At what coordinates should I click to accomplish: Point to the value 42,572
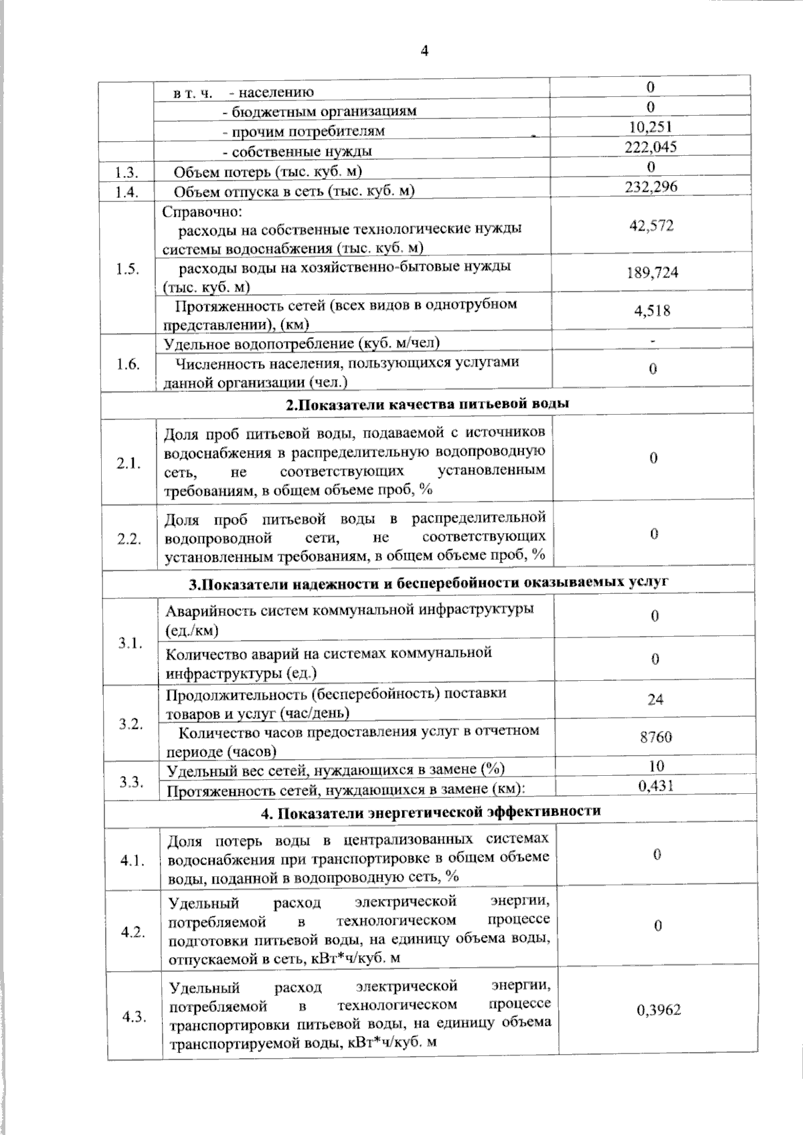[651, 225]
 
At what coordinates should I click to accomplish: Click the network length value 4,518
[652, 310]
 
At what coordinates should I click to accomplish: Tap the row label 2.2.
[128, 540]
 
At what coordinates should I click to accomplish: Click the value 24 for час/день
[655, 700]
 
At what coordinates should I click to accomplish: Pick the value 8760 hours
[655, 738]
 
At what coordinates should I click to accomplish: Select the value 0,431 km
[656, 786]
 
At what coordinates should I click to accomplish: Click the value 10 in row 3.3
[656, 766]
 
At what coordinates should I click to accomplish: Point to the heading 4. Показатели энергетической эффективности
[430, 812]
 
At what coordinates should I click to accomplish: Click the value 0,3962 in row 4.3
[658, 1010]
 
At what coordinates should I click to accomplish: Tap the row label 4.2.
[133, 932]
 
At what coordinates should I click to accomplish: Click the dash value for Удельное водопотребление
[652, 342]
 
